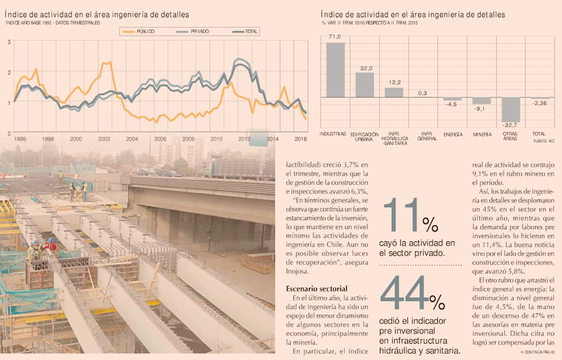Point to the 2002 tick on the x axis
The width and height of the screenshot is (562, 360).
(104, 138)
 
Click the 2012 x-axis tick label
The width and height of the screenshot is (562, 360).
(244, 138)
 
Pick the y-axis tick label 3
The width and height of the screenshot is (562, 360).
(9, 42)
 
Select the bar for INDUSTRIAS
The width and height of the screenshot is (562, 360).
(336, 70)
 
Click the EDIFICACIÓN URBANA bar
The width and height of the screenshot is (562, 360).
(365, 84)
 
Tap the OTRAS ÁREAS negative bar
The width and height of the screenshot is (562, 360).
(511, 109)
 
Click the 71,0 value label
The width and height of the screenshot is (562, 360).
(336, 37)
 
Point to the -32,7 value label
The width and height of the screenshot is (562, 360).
(511, 125)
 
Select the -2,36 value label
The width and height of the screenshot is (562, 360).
(540, 103)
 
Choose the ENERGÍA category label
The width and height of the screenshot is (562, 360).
(452, 134)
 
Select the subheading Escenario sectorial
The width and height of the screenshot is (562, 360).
(316, 289)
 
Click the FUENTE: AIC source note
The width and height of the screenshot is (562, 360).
(543, 142)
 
